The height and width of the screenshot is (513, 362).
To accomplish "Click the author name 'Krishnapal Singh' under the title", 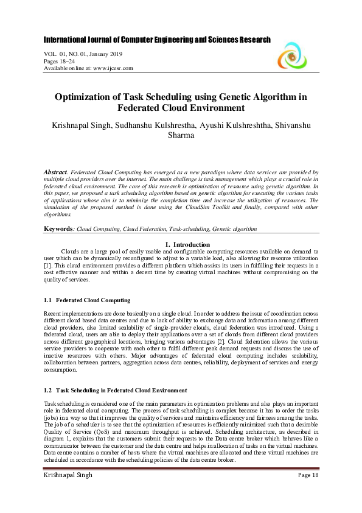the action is [77, 125].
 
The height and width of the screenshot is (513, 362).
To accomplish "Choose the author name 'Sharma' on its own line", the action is [181, 135].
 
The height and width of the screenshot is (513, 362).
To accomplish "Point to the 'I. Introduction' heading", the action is [181, 244].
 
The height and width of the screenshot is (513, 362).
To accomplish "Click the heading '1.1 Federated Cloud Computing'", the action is [88, 301].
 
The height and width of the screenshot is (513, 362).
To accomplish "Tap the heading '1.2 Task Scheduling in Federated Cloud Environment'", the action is [116, 390].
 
